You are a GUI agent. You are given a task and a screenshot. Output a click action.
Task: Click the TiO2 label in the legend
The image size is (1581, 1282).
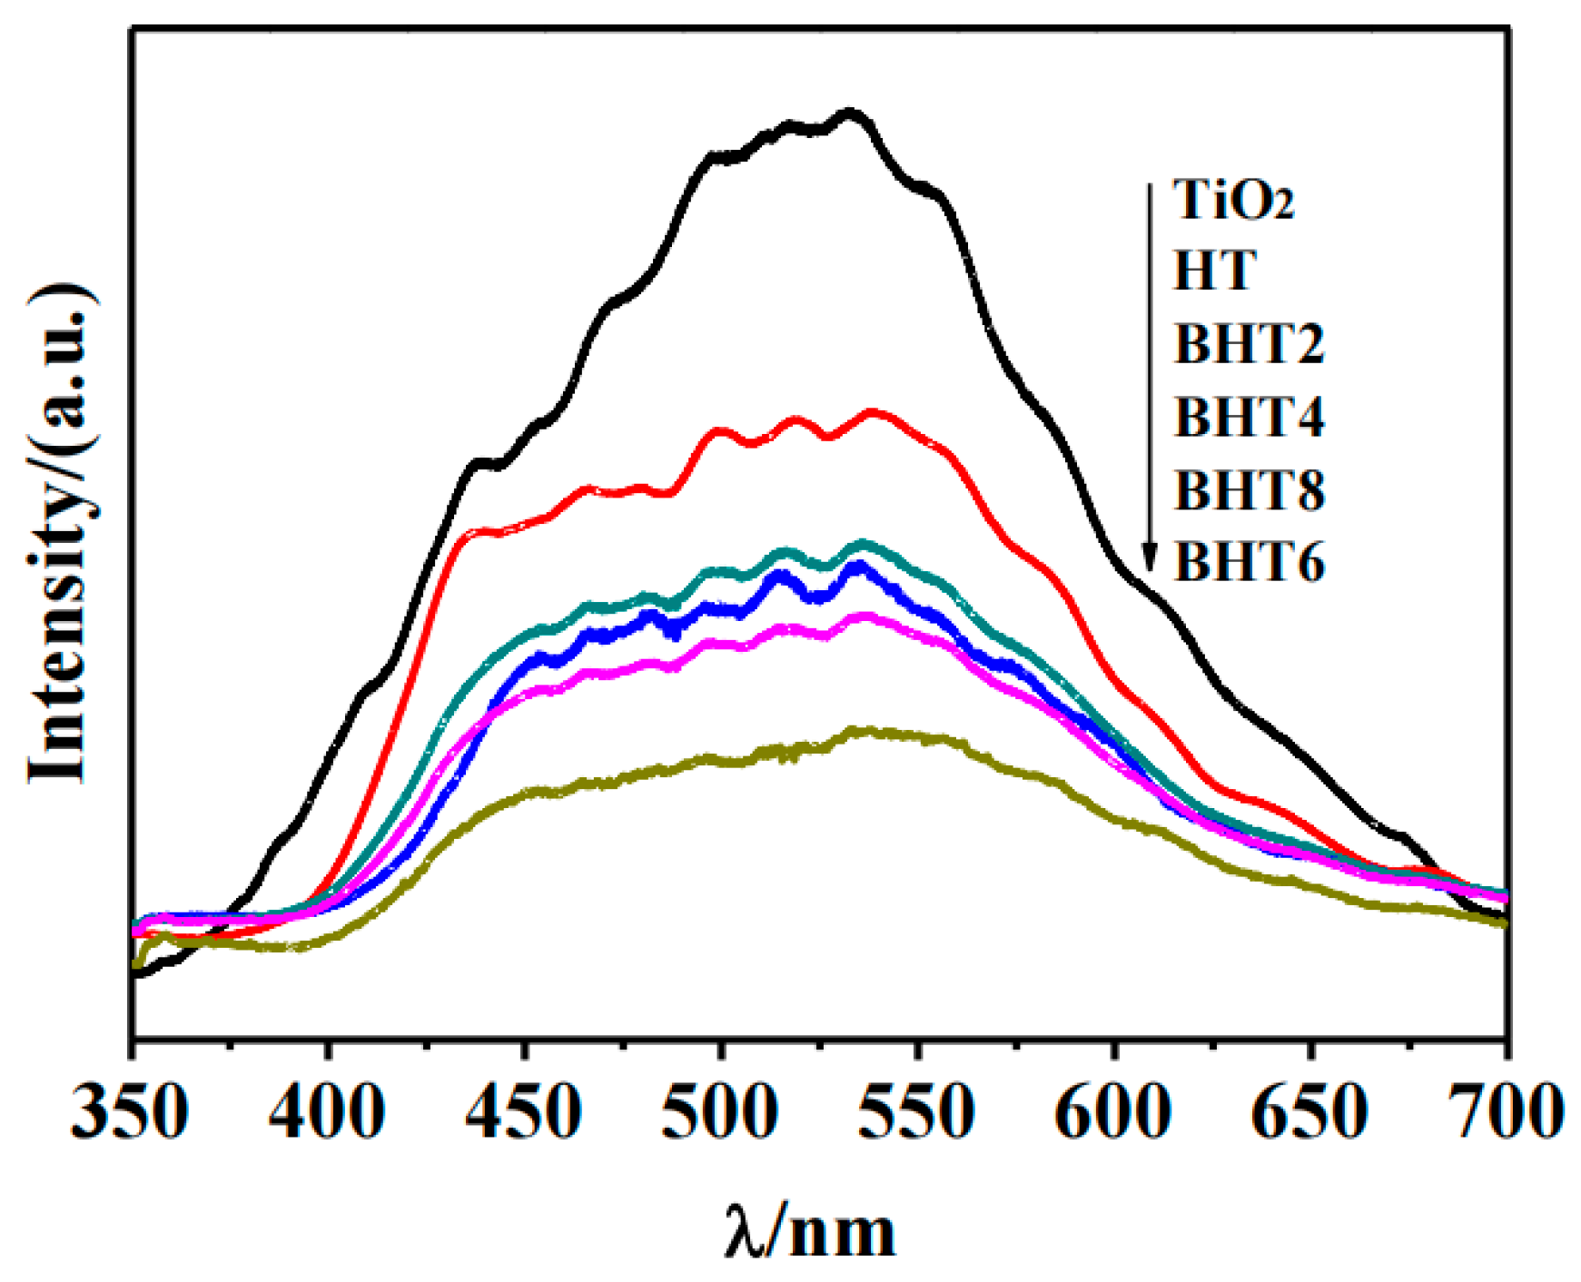(1233, 200)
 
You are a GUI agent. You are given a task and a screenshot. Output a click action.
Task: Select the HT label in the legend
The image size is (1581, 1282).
(1214, 271)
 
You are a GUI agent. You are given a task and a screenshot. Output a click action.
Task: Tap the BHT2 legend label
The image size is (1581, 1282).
(1250, 344)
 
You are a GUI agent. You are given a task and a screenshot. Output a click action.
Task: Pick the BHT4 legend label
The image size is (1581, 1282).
(1250, 417)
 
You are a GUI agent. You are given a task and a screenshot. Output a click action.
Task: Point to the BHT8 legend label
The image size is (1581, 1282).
(1250, 490)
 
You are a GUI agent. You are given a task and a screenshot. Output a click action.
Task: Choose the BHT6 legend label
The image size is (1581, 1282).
(1250, 562)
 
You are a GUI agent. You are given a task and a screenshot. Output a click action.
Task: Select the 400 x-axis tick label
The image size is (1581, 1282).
(328, 1112)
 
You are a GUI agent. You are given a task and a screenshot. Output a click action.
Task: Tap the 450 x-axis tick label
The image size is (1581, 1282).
(524, 1112)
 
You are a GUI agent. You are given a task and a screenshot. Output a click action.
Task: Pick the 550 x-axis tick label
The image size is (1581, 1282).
(918, 1112)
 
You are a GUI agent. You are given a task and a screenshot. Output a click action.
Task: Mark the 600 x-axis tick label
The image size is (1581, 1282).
(1114, 1112)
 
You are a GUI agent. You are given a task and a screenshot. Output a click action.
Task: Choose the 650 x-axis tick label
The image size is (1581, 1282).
(1310, 1112)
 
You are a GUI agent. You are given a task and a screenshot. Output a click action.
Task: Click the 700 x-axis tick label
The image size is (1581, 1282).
(1507, 1112)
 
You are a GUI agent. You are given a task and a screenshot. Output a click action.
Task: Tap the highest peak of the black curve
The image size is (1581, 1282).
(850, 113)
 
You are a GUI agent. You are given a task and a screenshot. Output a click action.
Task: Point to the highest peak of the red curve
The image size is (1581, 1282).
(873, 413)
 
